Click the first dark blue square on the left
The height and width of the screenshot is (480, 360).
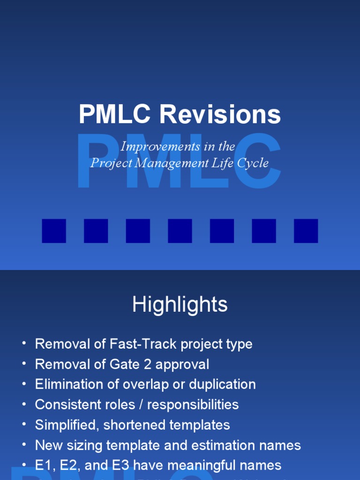[54, 231]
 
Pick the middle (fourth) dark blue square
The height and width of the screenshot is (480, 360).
[180, 231]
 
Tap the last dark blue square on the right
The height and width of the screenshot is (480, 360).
[306, 231]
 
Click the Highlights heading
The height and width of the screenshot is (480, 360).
[180, 305]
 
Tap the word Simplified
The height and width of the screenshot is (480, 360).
[67, 425]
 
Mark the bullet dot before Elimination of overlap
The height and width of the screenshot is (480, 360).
[24, 384]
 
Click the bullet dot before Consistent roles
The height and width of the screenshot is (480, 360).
[24, 405]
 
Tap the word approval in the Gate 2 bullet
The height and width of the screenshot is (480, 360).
[186, 364]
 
